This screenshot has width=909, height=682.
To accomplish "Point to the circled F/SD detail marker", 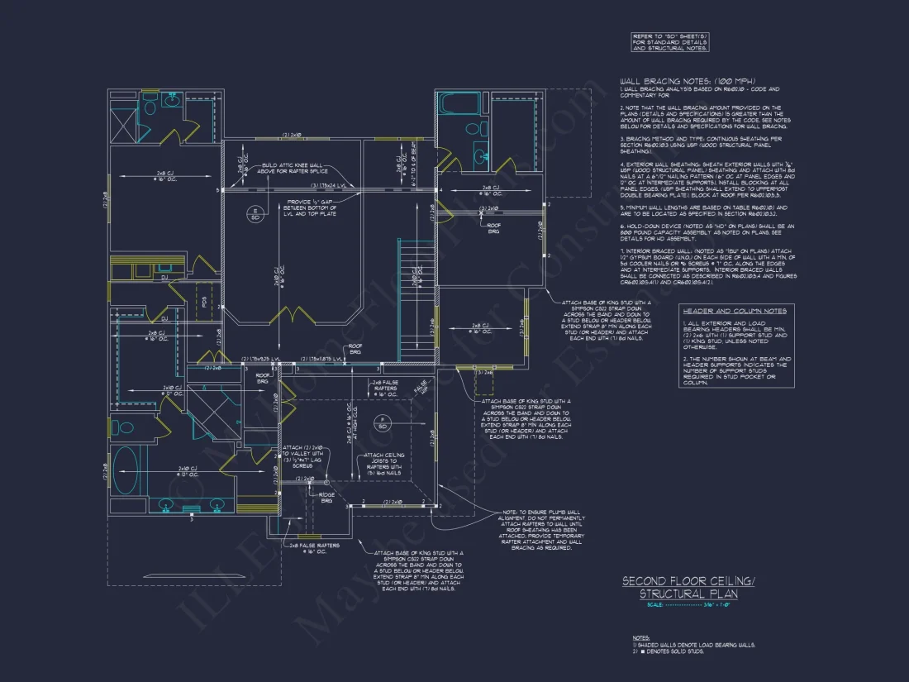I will point(383,422).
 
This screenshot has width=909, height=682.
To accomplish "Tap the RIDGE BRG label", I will point(328,498).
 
